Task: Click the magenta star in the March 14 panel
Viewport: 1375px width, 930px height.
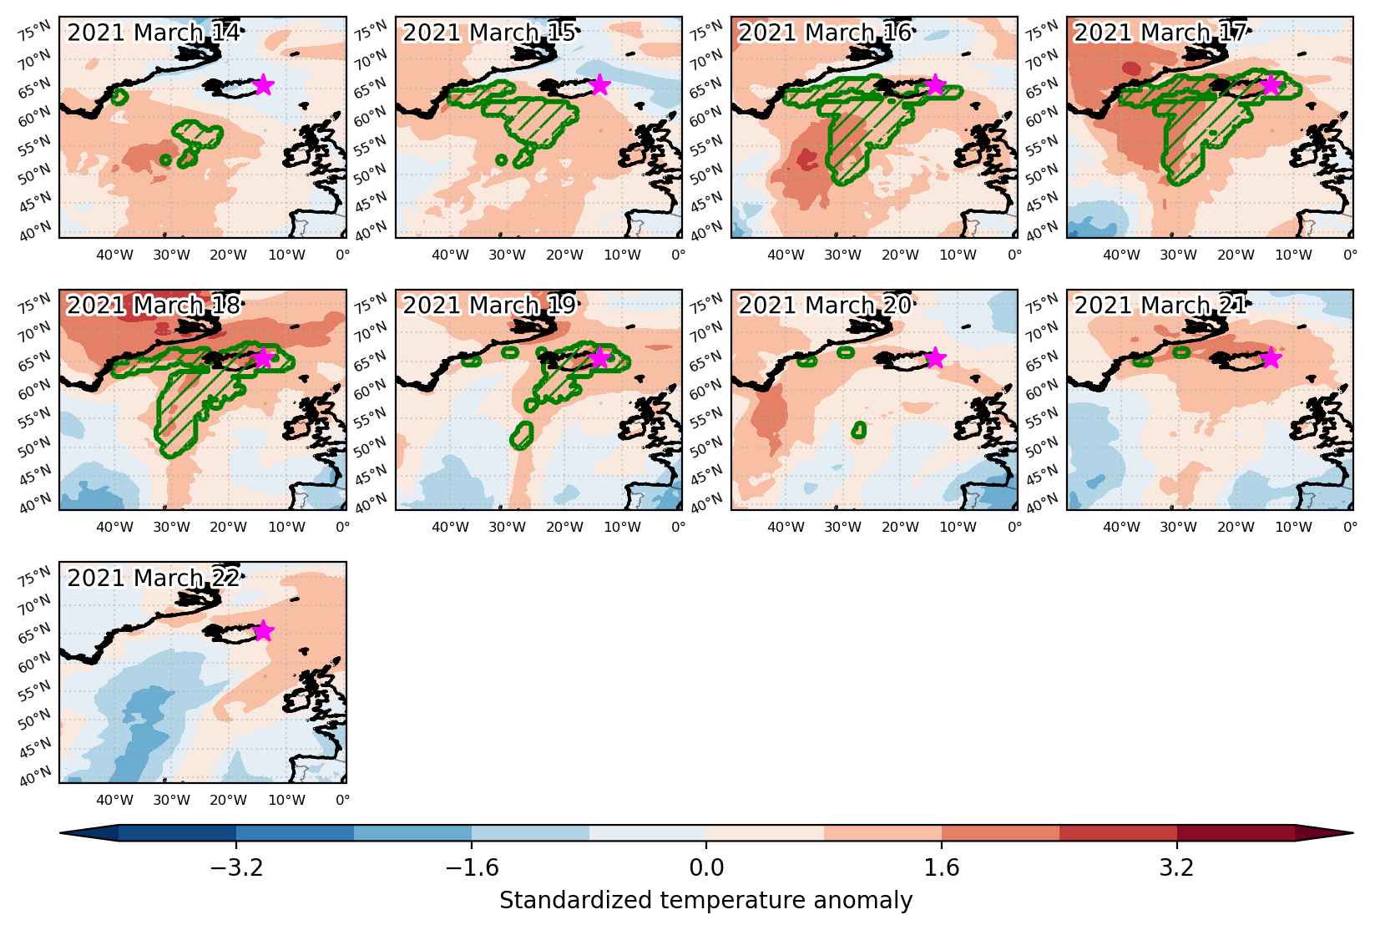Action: pyautogui.click(x=263, y=84)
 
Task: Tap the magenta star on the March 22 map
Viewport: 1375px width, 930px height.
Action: pyautogui.click(x=263, y=630)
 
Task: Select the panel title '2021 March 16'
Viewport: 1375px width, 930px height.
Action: pyautogui.click(x=824, y=33)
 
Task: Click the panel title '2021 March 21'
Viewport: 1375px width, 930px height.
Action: pyautogui.click(x=1160, y=305)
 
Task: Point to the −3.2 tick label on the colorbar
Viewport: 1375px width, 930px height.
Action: pyautogui.click(x=236, y=867)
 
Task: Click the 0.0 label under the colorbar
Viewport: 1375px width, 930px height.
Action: pyautogui.click(x=706, y=867)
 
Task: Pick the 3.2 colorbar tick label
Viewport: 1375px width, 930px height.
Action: pyautogui.click(x=1177, y=867)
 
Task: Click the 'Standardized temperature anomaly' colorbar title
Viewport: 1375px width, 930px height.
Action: pyautogui.click(x=706, y=900)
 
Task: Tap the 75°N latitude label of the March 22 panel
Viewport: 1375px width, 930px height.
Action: pyautogui.click(x=34, y=576)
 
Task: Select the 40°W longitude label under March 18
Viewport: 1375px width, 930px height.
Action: pyautogui.click(x=114, y=528)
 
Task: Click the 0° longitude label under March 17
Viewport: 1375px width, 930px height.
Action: pyautogui.click(x=1350, y=255)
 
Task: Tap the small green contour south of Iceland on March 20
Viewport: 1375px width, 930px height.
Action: pyautogui.click(x=859, y=430)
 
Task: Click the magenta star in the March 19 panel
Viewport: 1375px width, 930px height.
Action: pyautogui.click(x=599, y=357)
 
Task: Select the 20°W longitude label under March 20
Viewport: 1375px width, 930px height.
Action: pyautogui.click(x=901, y=528)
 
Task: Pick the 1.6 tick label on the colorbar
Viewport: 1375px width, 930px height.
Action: pyautogui.click(x=942, y=867)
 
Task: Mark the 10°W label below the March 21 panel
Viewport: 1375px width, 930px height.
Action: pyautogui.click(x=1293, y=528)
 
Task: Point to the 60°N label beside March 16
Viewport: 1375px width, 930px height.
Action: pyautogui.click(x=706, y=117)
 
